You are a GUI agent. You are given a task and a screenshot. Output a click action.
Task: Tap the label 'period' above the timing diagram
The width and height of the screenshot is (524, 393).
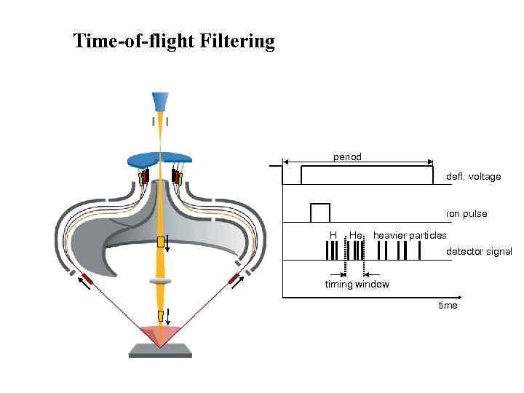(347, 156)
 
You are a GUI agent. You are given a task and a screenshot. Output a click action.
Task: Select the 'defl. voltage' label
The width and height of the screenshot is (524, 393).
(473, 177)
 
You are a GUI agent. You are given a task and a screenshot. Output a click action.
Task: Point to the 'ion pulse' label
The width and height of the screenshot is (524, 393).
(467, 214)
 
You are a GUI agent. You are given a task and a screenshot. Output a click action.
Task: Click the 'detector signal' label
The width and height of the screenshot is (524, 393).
(479, 251)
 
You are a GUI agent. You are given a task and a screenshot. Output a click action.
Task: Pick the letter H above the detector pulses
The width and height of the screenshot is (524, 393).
(333, 235)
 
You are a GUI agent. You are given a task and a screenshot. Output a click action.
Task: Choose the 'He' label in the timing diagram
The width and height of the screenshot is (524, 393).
(355, 235)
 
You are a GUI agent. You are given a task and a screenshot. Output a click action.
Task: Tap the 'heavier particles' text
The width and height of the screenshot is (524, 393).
(410, 235)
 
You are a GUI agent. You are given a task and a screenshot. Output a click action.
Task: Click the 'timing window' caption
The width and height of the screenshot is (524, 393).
(357, 285)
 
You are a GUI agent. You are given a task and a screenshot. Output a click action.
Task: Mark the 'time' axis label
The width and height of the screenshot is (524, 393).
(448, 306)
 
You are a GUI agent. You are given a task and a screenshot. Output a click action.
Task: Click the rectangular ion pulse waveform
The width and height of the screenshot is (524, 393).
(319, 213)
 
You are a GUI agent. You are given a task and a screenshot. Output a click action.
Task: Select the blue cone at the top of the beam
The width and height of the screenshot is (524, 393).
(160, 102)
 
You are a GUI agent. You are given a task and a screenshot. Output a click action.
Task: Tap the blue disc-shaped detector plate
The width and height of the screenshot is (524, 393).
(159, 159)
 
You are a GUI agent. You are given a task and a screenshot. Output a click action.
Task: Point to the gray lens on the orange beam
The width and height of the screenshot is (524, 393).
(160, 281)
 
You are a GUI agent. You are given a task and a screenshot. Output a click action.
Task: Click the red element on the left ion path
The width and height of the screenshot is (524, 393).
(87, 279)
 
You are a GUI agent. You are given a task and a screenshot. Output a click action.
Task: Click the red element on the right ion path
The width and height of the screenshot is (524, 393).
(234, 278)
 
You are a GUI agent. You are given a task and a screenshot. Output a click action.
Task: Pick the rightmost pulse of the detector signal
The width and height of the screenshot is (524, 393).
(418, 250)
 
